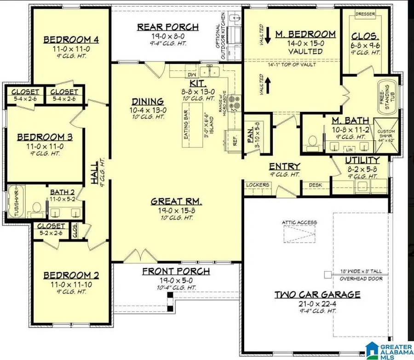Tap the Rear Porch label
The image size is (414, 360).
pyautogui.click(x=168, y=27)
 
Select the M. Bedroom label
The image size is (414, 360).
pyautogui.click(x=305, y=34)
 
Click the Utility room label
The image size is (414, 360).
pyautogui.click(x=362, y=160)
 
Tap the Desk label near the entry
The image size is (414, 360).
pyautogui.click(x=315, y=185)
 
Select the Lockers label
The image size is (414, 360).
pyautogui.click(x=258, y=185)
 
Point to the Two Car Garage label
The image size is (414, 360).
pyautogui.click(x=317, y=295)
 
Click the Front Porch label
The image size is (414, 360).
pyautogui.click(x=176, y=271)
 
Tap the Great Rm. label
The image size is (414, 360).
pyautogui.click(x=175, y=201)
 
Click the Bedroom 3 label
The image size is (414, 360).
pyautogui.click(x=45, y=137)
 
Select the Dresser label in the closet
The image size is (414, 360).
pyautogui.click(x=367, y=14)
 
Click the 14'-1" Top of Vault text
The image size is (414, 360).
pyautogui.click(x=291, y=65)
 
